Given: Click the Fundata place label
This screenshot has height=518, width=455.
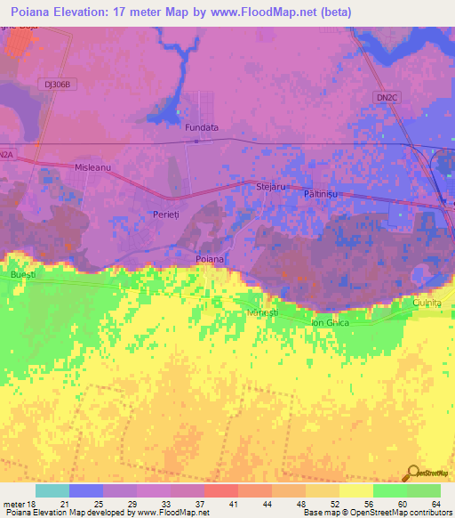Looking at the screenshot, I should pos(202,128).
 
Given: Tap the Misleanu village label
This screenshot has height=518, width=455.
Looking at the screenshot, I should pos(92,167).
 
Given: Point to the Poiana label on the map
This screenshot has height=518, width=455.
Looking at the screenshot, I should pos(211,259).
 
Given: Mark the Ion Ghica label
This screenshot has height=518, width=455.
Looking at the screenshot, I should pos(329,322).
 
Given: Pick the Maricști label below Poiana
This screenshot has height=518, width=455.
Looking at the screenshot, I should pos(264,312).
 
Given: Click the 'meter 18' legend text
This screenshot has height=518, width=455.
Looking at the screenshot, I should pos(20,503).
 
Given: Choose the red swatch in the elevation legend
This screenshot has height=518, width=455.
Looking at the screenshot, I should pos(221,490).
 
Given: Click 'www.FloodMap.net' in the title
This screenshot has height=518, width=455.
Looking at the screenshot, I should pos(267,12).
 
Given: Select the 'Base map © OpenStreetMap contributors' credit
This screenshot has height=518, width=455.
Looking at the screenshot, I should pos(374,513).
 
